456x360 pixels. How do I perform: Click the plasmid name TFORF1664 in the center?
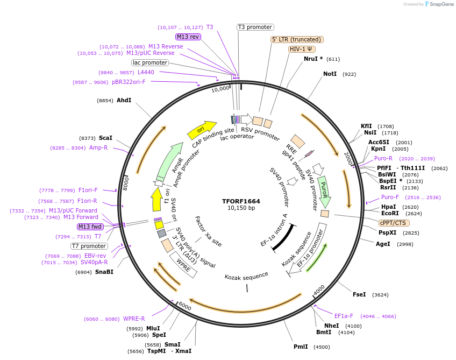(241, 201)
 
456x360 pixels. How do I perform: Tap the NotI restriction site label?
(330, 74)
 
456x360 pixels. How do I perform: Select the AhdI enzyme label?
(124, 100)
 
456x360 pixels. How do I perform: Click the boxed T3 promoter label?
(255, 27)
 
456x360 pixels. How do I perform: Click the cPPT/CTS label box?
(394, 223)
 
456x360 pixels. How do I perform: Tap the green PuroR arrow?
(324, 191)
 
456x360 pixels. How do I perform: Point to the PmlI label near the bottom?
(301, 347)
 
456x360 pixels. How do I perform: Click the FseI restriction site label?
(359, 294)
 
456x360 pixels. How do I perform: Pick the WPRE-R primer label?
(134, 319)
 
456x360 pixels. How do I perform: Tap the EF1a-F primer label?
(344, 316)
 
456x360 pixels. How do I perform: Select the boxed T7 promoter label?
(89, 246)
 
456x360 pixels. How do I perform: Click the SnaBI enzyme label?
(104, 272)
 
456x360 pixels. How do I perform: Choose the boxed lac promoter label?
(150, 63)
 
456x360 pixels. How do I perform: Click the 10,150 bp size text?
(241, 208)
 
